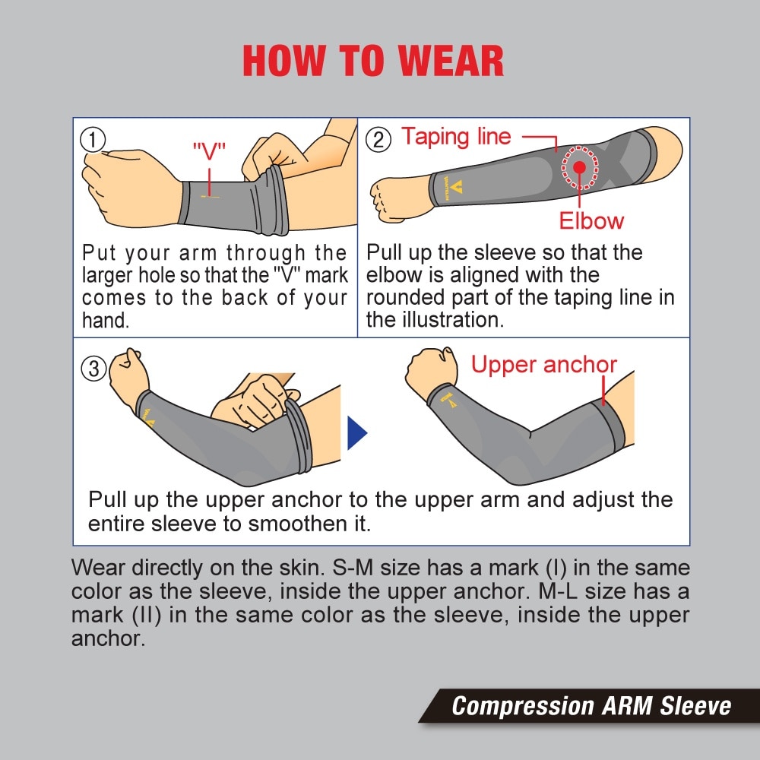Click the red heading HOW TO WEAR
click(x=373, y=62)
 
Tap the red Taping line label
click(x=456, y=137)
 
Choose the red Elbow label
click(x=591, y=221)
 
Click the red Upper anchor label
click(x=544, y=365)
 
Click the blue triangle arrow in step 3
click(x=356, y=433)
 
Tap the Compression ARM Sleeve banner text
click(x=591, y=706)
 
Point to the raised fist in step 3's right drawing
click(x=430, y=370)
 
